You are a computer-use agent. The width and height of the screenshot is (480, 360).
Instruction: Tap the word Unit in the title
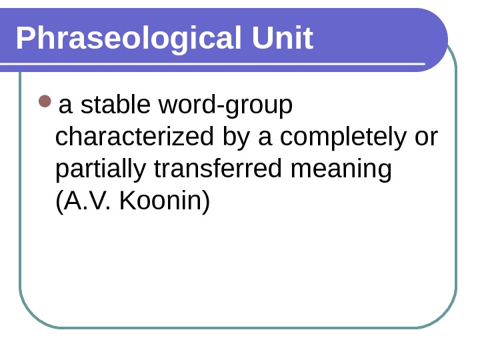tap(282, 39)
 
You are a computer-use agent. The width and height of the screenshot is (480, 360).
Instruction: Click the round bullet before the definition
tap(45, 101)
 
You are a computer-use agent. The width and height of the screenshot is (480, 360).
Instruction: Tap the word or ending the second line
tap(426, 137)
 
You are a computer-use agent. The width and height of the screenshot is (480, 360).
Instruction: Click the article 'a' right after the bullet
tap(65, 106)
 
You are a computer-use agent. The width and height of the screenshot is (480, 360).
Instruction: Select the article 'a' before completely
tap(265, 138)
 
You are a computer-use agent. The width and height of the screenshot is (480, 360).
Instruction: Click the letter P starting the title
tap(24, 39)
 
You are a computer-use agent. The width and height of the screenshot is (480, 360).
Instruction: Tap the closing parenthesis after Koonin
tap(206, 201)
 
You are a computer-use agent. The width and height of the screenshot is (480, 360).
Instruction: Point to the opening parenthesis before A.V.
tap(59, 201)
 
